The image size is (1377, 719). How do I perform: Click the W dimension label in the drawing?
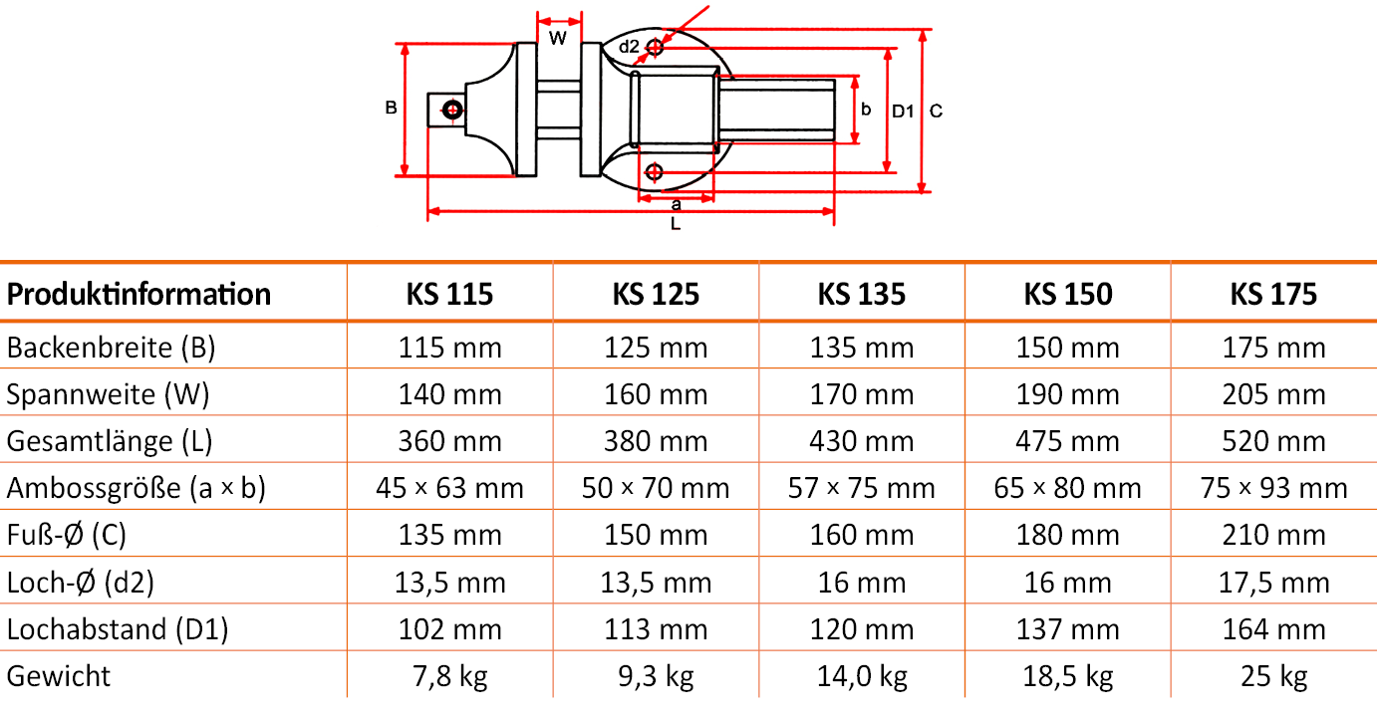click(558, 39)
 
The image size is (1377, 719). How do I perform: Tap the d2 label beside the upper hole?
click(629, 47)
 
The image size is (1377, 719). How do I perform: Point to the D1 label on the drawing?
click(903, 112)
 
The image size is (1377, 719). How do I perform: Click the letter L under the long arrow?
click(676, 224)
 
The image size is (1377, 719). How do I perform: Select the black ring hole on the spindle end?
click(452, 110)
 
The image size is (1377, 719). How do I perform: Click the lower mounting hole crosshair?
click(654, 172)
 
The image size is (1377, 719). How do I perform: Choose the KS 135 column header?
click(861, 295)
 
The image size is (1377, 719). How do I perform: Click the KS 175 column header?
click(1273, 295)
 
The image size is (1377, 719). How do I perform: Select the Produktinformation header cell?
click(138, 295)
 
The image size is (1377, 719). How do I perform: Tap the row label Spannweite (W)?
click(109, 394)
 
